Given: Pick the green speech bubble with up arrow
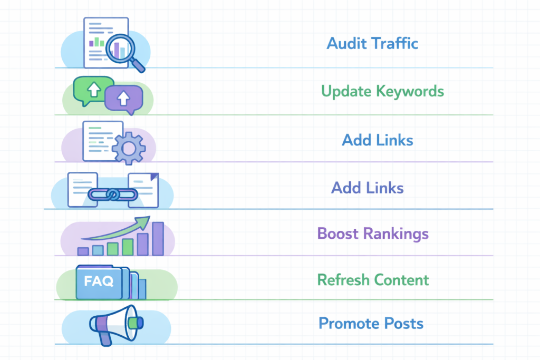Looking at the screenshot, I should tap(94, 90).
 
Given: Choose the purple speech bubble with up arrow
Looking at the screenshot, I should tap(123, 98).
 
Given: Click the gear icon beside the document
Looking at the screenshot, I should tap(128, 148).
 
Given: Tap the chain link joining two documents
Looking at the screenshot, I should tap(112, 194).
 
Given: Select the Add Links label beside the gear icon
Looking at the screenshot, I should tap(377, 140).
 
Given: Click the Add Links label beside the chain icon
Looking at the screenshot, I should tap(367, 188).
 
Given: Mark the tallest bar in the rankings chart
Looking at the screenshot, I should tap(158, 239).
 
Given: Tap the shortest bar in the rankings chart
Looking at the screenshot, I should tap(83, 251).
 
